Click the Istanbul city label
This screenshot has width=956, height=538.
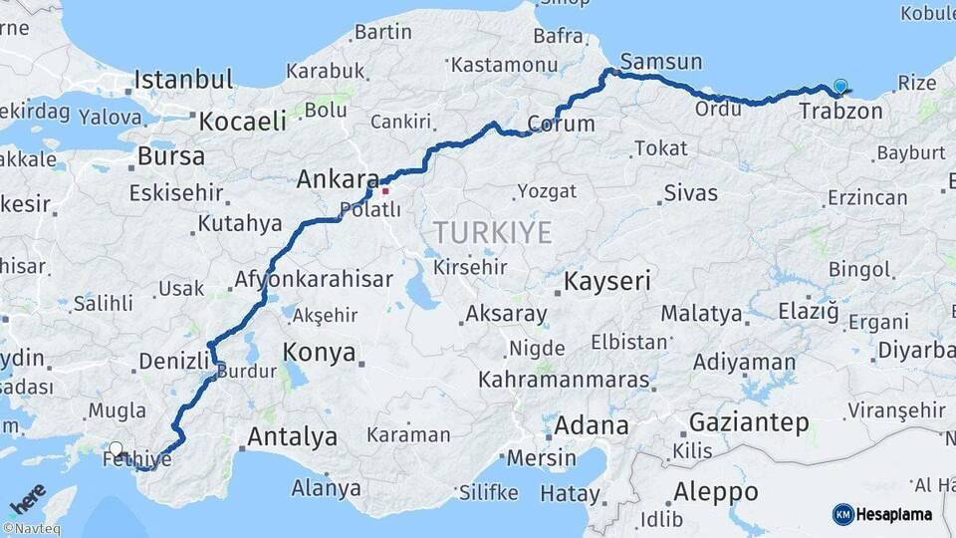click(x=184, y=80)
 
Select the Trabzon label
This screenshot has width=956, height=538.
click(x=840, y=111)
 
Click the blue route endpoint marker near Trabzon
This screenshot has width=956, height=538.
click(x=841, y=88)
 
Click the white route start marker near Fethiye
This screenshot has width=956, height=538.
click(x=117, y=449)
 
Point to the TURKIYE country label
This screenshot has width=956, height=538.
click(x=492, y=233)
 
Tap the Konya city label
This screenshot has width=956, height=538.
click(x=320, y=352)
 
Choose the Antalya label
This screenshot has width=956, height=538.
click(x=292, y=436)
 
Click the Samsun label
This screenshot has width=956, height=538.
click(x=661, y=62)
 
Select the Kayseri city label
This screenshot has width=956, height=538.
click(x=606, y=282)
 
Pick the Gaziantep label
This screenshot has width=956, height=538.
click(x=749, y=422)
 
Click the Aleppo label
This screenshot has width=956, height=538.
click(x=716, y=492)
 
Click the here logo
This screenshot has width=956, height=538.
click(x=28, y=497)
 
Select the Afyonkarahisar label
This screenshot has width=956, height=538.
click(x=314, y=280)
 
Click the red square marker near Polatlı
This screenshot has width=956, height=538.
click(x=385, y=190)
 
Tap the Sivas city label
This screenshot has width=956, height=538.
click(x=691, y=192)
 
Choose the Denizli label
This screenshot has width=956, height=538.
click(x=172, y=361)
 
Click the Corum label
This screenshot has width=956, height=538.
click(x=561, y=125)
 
